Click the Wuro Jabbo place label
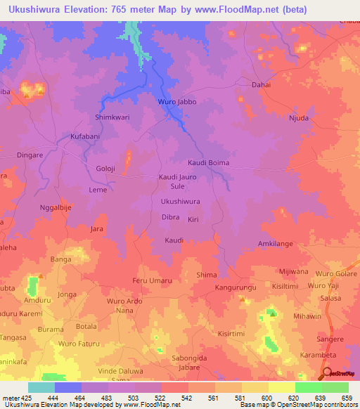pyautogui.click(x=176, y=102)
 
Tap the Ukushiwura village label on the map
pyautogui.click(x=181, y=202)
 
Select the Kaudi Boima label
pyautogui.click(x=208, y=163)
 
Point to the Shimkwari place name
pyautogui.click(x=112, y=117)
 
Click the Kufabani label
pyautogui.click(x=86, y=136)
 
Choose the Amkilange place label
pyautogui.click(x=275, y=243)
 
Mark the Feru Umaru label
pyautogui.click(x=152, y=281)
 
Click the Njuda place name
pyautogui.click(x=299, y=118)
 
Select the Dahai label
pyautogui.click(x=261, y=84)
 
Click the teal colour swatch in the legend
pyautogui.click(x=41, y=387)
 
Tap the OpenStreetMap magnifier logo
pyautogui.click(x=329, y=374)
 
